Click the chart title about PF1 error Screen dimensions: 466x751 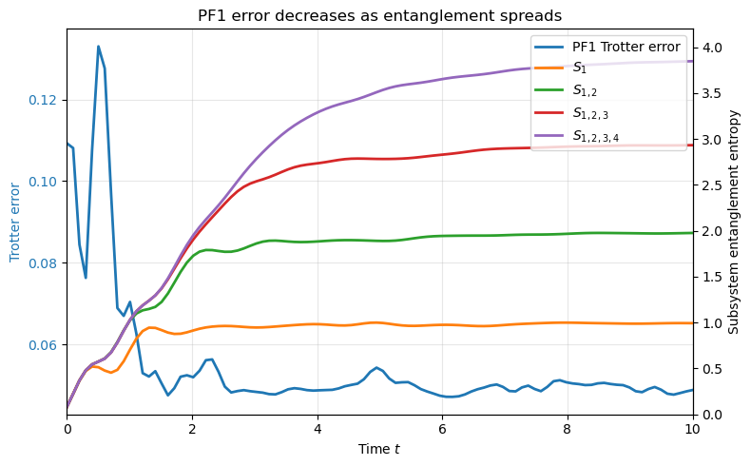(379, 16)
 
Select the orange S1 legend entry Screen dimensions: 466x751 (579, 68)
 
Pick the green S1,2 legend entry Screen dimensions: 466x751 (584, 91)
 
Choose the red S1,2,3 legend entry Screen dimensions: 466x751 (588, 114)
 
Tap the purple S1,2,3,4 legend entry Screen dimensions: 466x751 (593, 137)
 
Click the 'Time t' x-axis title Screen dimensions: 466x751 (379, 448)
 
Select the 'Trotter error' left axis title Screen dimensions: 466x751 (15, 222)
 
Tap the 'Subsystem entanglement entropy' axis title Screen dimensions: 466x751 (733, 222)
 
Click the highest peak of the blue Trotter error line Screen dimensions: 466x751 (98, 46)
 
